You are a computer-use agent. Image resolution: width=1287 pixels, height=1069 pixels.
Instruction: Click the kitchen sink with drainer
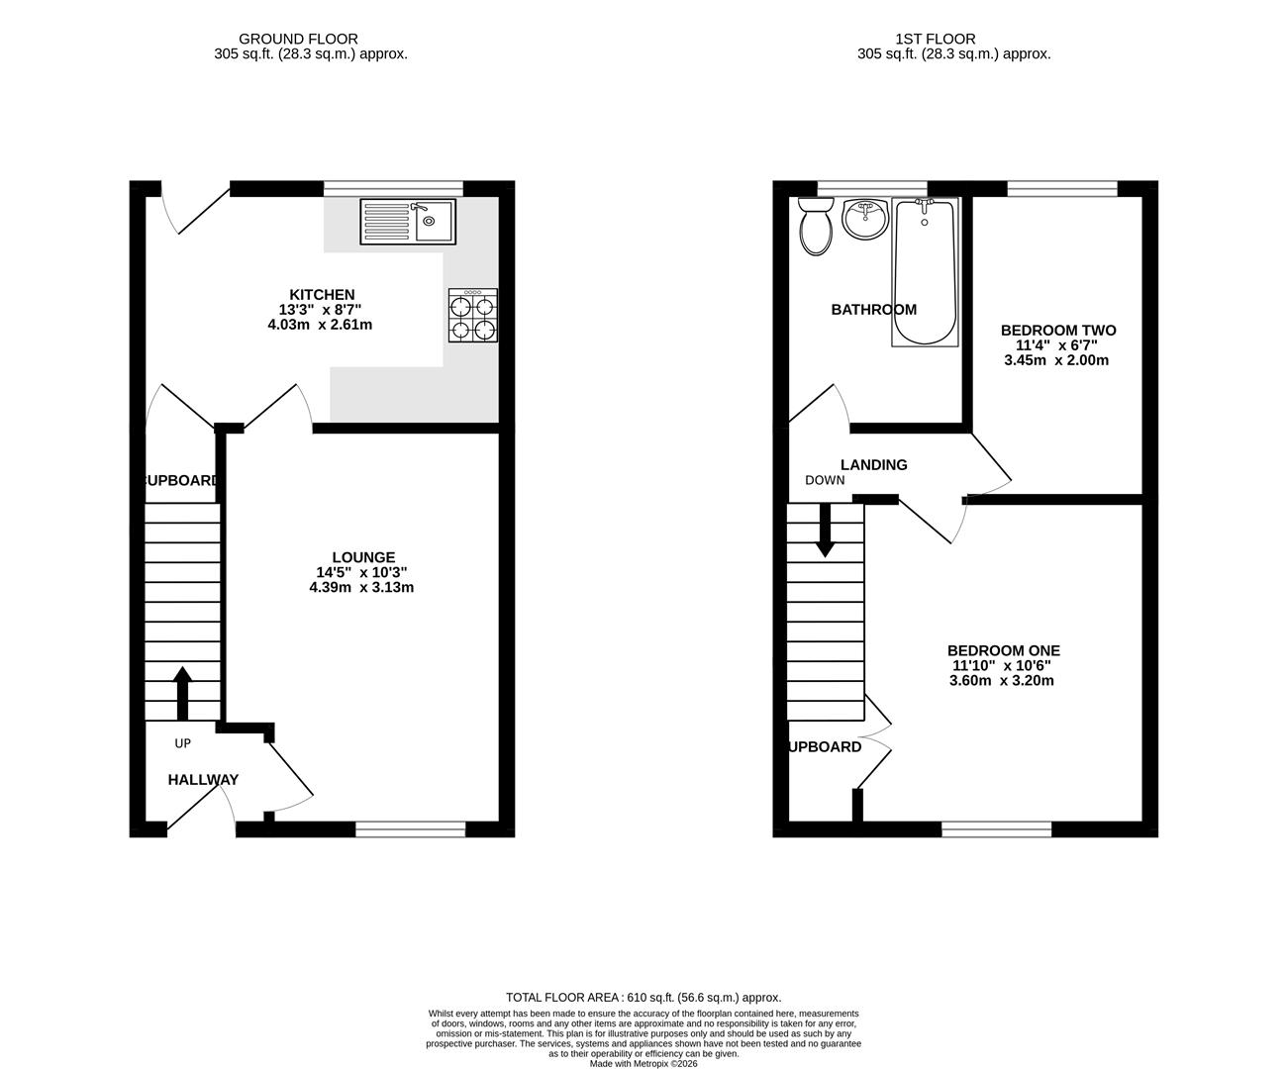tap(408, 222)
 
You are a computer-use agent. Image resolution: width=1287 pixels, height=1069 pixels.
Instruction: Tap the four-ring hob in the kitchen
tap(473, 316)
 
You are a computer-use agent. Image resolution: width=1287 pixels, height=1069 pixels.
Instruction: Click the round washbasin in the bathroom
tap(867, 219)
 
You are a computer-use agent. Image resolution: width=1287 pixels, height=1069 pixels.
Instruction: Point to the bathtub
tap(926, 271)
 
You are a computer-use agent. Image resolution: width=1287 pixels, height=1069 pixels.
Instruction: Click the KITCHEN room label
tap(321, 295)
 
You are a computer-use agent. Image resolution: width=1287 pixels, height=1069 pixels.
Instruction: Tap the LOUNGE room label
tap(363, 557)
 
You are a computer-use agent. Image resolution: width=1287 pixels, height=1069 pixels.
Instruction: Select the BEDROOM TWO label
tap(1057, 331)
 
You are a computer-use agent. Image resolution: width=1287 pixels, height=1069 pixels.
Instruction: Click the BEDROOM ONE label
tap(1003, 650)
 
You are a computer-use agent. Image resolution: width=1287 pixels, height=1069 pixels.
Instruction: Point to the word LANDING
tap(873, 464)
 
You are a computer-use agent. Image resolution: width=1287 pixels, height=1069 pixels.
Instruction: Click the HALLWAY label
tap(203, 780)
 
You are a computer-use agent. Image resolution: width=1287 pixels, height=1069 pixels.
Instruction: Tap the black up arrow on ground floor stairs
tap(182, 692)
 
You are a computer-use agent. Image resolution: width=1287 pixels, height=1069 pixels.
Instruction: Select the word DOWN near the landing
tap(825, 481)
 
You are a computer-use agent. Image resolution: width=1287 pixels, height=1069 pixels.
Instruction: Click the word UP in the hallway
tap(182, 743)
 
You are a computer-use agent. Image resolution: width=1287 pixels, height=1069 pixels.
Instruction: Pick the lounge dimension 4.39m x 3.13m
tap(361, 587)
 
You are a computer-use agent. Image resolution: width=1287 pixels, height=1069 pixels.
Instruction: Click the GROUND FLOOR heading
tap(311, 40)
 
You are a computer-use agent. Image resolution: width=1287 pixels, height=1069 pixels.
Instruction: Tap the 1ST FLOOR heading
tap(921, 40)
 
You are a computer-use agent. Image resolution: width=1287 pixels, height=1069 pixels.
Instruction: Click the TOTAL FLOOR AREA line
tap(643, 998)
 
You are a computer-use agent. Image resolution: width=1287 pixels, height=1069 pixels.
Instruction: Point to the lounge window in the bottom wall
tap(410, 829)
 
